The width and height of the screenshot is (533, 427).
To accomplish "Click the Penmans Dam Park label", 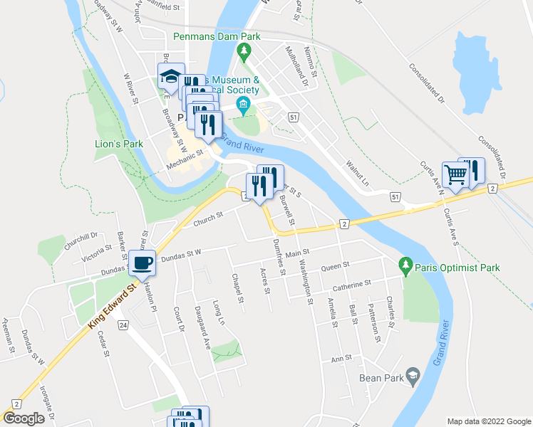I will point(217,36).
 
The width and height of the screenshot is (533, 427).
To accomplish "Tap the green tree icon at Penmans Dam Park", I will point(244,51).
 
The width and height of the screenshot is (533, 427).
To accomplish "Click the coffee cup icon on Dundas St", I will point(142,262).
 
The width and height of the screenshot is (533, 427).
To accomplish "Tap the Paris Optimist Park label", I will point(460,268).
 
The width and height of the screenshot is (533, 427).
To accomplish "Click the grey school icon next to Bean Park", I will point(412,375).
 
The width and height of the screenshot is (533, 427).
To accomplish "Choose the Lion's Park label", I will point(119,144).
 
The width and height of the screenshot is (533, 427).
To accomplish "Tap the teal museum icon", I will point(244,107).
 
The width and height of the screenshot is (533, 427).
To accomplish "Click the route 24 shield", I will point(123,325).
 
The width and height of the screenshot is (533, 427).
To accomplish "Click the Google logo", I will point(24,418).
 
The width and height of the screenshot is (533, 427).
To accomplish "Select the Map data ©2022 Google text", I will point(488,421).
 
